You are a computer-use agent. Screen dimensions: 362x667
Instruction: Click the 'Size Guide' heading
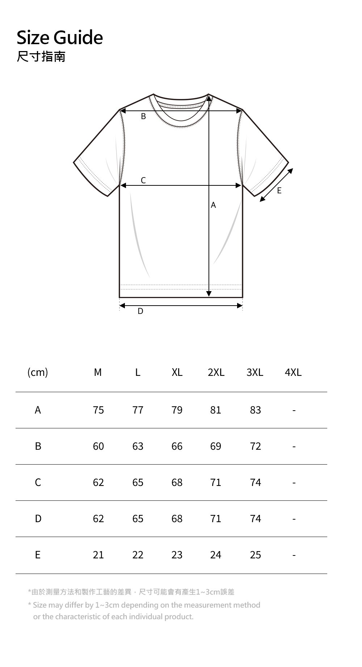(60, 38)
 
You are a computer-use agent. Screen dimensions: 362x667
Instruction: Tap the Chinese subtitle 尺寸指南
(41, 56)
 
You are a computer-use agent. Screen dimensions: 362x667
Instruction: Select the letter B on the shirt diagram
(143, 117)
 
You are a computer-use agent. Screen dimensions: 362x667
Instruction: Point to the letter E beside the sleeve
(279, 190)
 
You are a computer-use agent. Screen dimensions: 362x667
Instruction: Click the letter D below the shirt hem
(140, 311)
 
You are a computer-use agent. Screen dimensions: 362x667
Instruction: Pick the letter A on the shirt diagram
(213, 205)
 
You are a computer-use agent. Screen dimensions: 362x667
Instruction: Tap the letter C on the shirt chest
(143, 180)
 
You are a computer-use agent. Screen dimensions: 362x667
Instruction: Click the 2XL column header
(216, 372)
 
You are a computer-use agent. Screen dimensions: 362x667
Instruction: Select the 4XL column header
(293, 372)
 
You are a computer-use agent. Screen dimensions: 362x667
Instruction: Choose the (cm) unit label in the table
(38, 372)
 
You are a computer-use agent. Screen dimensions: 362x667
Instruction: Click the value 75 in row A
(98, 410)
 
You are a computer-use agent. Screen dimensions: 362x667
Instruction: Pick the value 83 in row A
(256, 410)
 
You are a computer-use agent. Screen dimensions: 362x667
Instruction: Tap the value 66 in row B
(177, 446)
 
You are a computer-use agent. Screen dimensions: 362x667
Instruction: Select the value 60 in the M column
(98, 446)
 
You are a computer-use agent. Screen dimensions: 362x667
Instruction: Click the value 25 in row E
(256, 555)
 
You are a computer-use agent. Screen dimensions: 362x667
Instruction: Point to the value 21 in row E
(98, 555)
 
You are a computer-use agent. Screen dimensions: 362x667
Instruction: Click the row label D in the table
(38, 519)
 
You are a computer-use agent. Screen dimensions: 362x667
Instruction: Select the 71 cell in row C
(216, 482)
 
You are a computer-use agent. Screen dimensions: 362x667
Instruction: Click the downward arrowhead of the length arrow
(209, 294)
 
